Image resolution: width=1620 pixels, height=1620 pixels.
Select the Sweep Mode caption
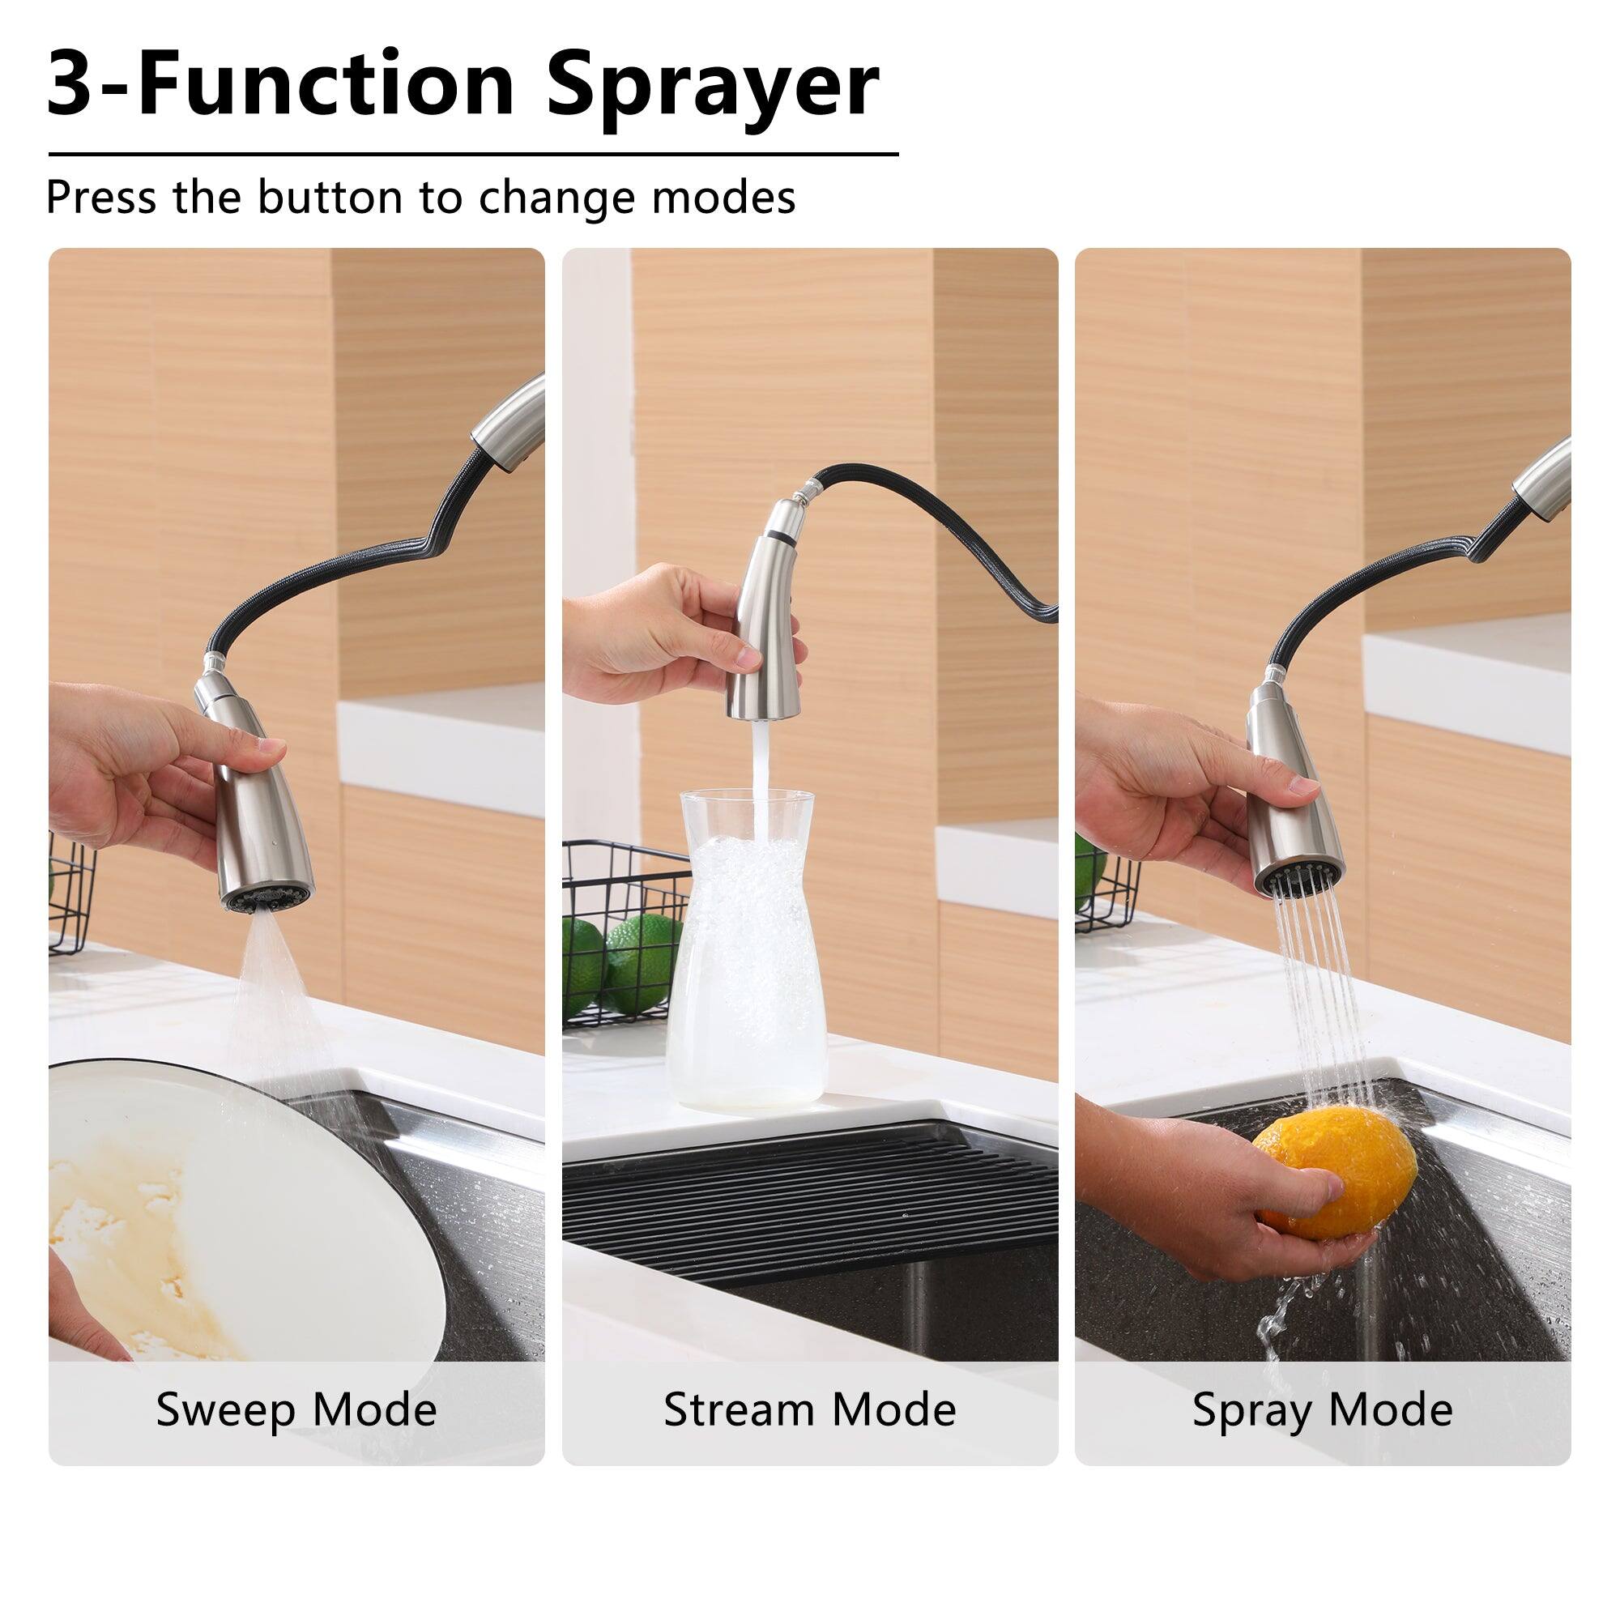coord(296,1409)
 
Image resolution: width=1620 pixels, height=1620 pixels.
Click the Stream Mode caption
coord(809,1409)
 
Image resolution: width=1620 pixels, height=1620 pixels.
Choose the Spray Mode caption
coord(1323,1409)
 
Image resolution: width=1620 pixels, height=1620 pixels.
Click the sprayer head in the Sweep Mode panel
coord(260,805)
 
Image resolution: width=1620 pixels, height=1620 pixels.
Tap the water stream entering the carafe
coord(761,763)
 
